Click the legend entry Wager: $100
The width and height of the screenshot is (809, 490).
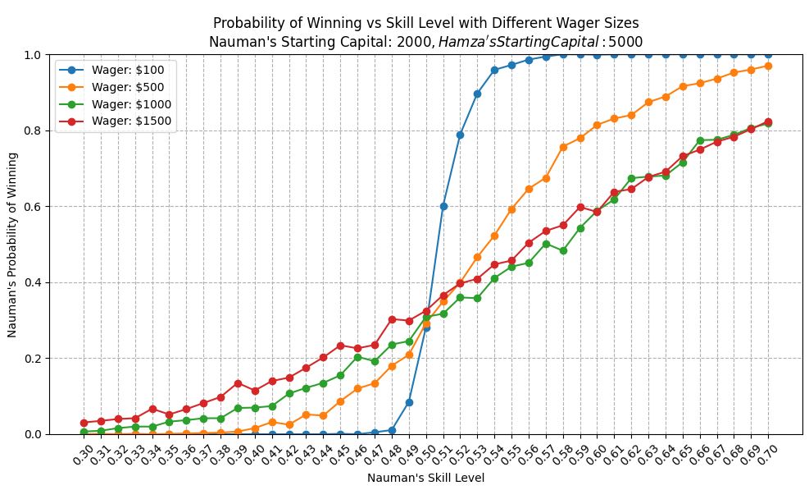click(x=112, y=70)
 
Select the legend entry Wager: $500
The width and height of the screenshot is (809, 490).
click(x=112, y=87)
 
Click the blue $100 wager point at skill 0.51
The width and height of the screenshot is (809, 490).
click(x=443, y=206)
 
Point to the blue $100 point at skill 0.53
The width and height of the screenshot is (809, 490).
click(x=477, y=94)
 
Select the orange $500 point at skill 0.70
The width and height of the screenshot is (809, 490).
click(x=768, y=66)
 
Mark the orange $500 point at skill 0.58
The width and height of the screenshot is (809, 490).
click(x=563, y=147)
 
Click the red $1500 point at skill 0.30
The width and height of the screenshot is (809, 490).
click(x=84, y=423)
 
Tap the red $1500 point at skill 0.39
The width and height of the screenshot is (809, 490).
click(x=238, y=383)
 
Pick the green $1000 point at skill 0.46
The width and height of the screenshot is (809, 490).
click(x=357, y=357)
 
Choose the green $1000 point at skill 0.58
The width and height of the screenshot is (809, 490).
click(x=563, y=250)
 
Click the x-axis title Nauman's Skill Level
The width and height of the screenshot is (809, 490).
click(x=425, y=479)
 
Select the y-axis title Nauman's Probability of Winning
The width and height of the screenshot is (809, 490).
click(x=12, y=245)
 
